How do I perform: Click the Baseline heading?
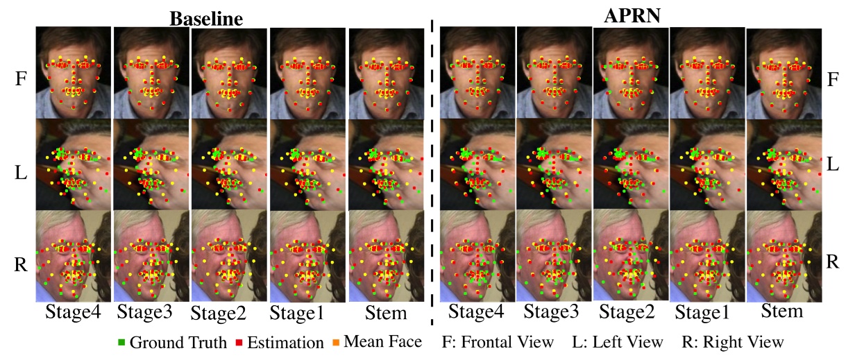click(207, 18)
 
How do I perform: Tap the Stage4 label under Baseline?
click(73, 312)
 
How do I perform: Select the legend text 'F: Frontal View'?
click(498, 342)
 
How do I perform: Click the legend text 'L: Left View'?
click(617, 342)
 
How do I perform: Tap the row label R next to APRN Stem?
click(833, 262)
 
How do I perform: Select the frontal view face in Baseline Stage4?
click(74, 72)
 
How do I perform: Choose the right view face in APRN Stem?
click(783, 256)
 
